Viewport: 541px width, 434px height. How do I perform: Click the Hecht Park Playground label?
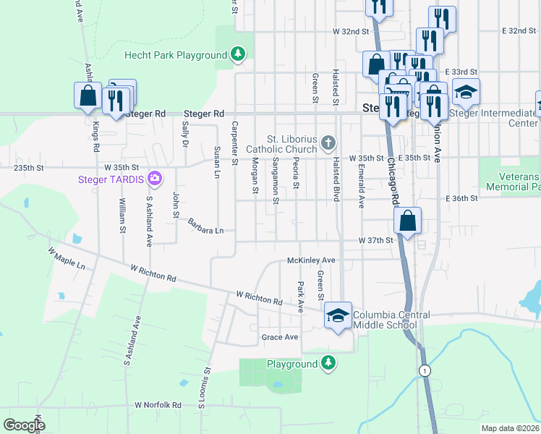point(176,55)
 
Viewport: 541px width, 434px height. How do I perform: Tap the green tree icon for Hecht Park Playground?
point(237,54)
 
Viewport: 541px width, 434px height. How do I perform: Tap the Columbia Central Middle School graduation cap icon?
point(337,315)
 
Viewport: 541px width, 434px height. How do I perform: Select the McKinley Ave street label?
point(311,260)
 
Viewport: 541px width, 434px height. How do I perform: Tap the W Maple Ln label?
point(66,259)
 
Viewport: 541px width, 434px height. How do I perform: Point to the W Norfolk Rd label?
point(157,405)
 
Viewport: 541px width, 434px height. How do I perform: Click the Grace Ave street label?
point(280,337)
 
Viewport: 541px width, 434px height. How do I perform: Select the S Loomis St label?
point(205,388)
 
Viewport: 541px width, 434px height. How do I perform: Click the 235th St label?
point(29,167)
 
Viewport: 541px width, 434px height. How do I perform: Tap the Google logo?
point(24,425)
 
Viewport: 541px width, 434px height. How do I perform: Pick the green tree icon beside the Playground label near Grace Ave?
point(328,363)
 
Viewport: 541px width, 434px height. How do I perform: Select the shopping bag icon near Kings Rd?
point(88,96)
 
